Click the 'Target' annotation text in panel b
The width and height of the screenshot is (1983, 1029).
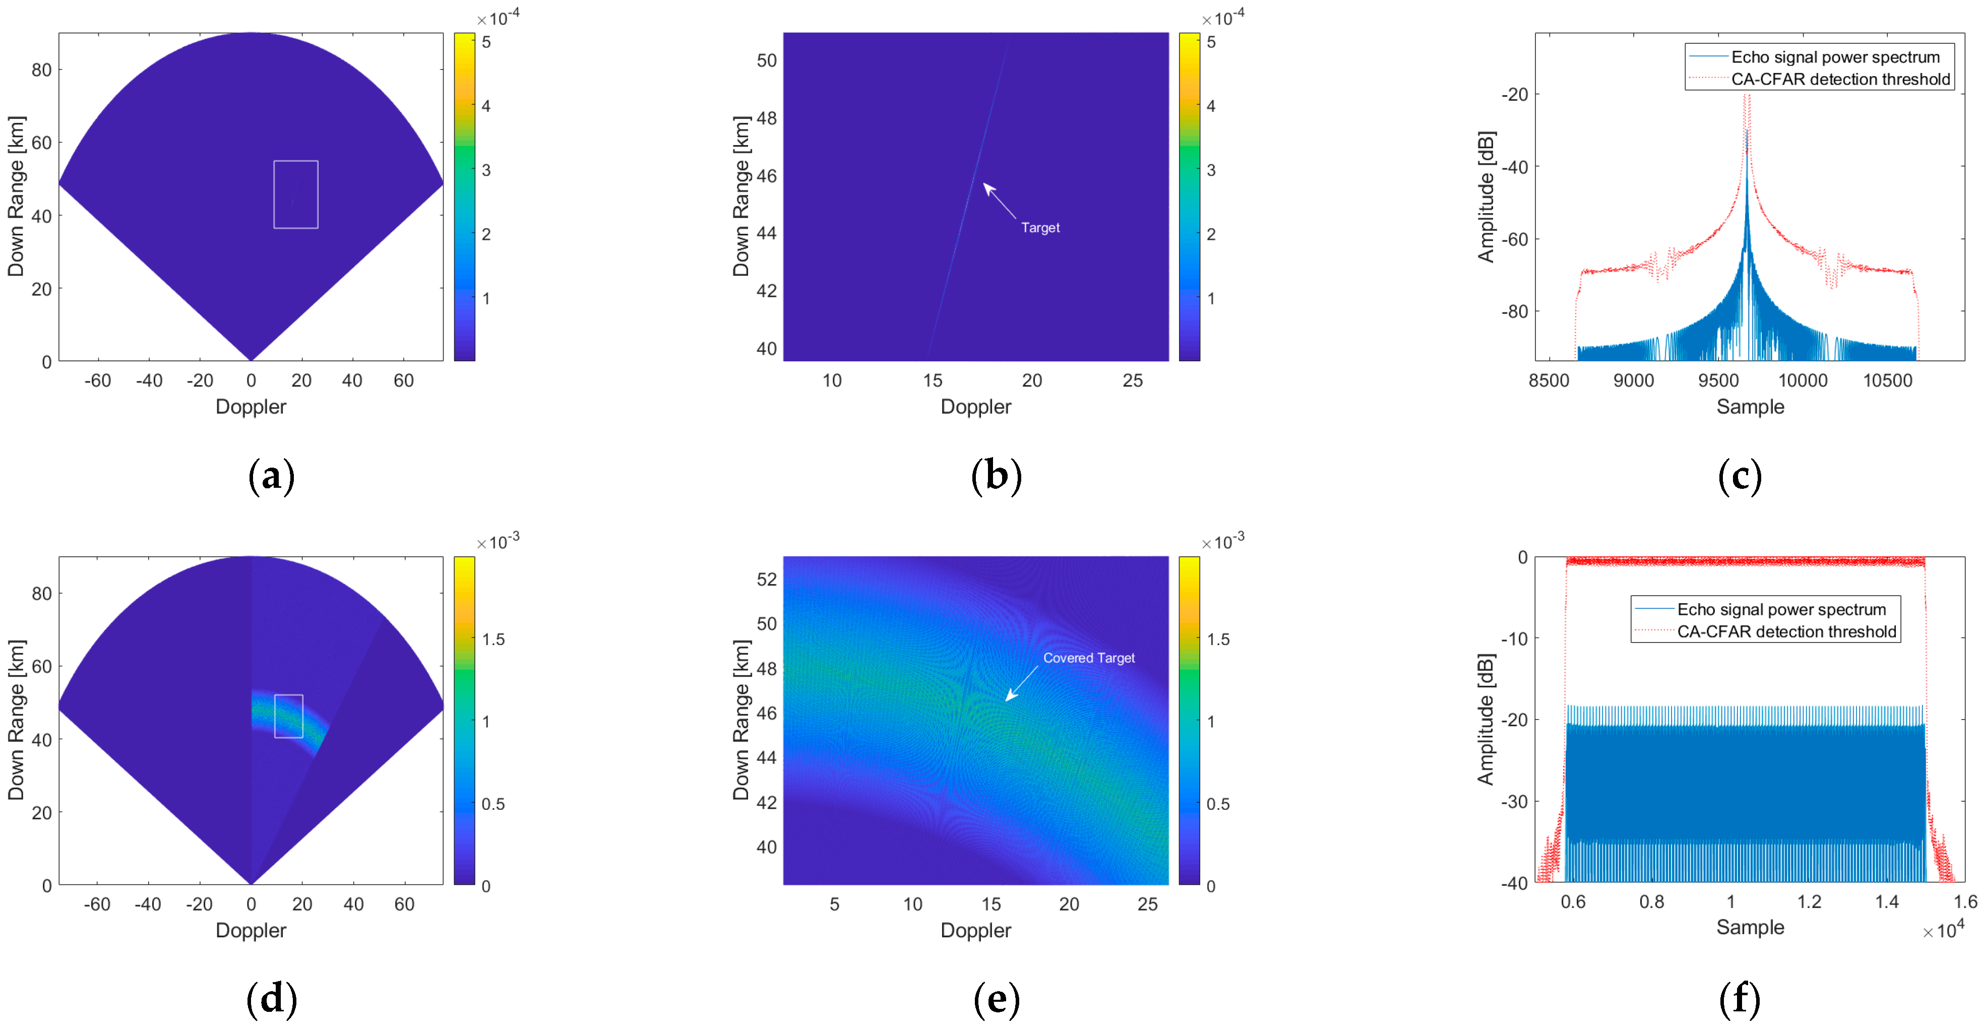pos(1040,228)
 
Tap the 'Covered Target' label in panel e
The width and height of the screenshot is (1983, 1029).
pos(1088,658)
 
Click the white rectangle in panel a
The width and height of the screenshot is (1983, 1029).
pos(295,195)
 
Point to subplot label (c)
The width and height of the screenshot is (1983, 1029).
pos(1740,476)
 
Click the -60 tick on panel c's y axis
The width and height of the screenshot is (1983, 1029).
pos(1514,239)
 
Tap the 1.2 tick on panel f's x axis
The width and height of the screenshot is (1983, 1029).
pos(1809,902)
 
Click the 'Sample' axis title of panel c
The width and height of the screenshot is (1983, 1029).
pos(1750,407)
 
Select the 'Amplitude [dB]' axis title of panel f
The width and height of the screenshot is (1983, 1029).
pos(1485,720)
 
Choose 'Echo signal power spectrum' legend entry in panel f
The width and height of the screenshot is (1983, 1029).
pos(1781,610)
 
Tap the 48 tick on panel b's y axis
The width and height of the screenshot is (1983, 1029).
pos(766,118)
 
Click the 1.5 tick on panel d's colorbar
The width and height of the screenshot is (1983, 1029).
pos(493,639)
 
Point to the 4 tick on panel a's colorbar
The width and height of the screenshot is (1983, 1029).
pos(486,106)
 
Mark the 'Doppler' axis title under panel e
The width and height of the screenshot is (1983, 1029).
pos(975,931)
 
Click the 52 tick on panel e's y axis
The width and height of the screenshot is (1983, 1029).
pos(766,580)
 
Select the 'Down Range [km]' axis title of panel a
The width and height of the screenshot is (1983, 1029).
pos(16,196)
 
